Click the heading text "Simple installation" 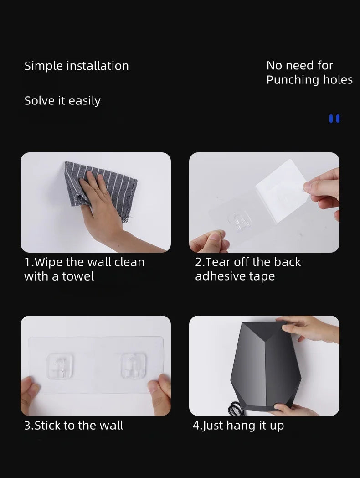pos(77,66)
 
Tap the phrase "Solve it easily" pos(62,101)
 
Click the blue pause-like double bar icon pos(334,119)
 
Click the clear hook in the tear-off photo pos(240,222)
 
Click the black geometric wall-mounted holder pos(264,365)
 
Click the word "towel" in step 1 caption pos(79,276)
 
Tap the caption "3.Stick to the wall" pos(74,426)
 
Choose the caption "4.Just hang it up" pos(238,426)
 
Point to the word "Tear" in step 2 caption pos(219,262)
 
